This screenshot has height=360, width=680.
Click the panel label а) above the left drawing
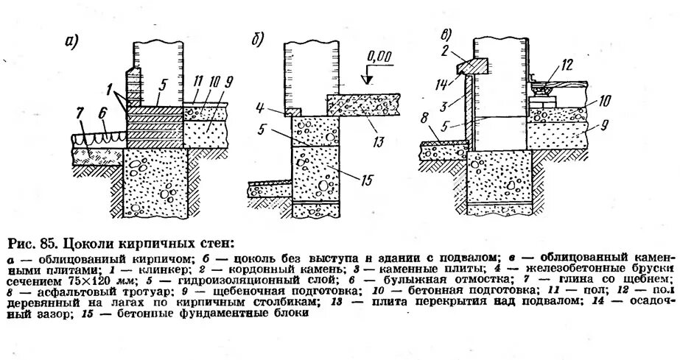click(x=71, y=41)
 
